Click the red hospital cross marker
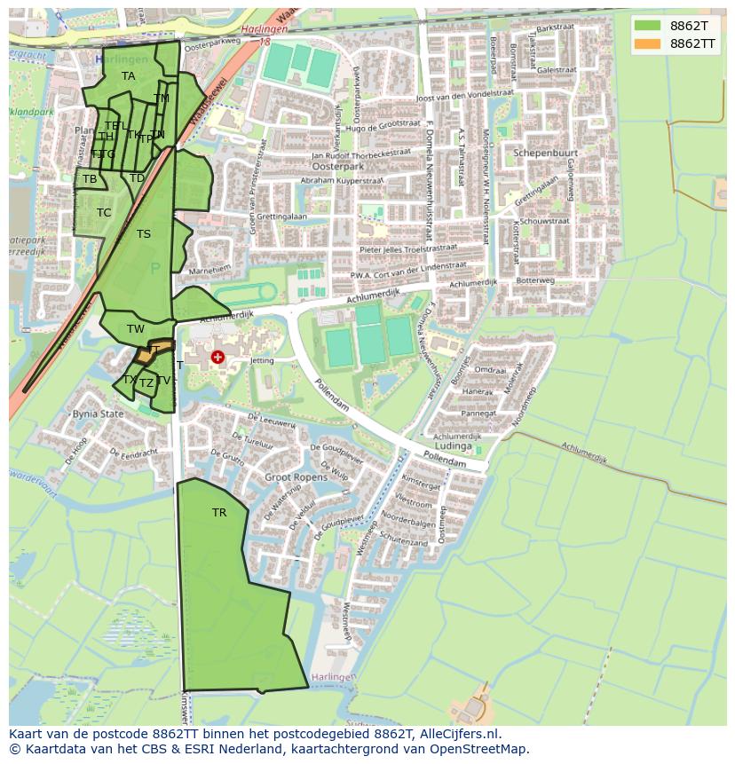(x=217, y=357)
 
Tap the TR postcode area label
(x=219, y=513)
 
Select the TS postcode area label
(x=144, y=234)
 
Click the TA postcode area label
(x=129, y=76)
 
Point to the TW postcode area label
(x=135, y=329)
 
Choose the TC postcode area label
(x=104, y=213)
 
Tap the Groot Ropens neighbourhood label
(x=296, y=477)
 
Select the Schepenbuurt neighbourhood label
(x=545, y=153)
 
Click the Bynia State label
(x=98, y=414)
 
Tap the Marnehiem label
(x=209, y=268)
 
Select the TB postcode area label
(x=90, y=179)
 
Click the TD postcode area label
(x=137, y=178)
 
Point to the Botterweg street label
(x=535, y=280)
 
